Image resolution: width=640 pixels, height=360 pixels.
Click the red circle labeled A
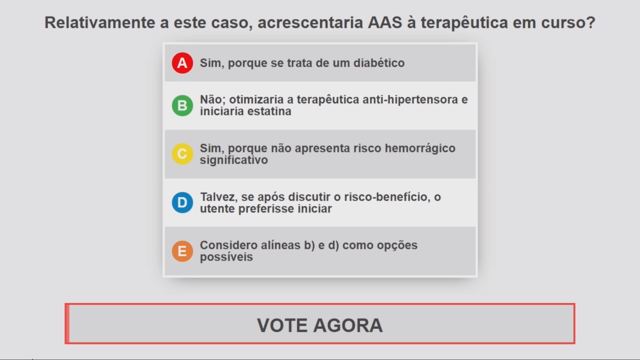coord(182,63)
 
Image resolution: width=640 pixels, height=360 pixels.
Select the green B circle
coord(182,105)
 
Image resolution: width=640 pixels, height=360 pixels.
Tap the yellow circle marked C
coord(182,154)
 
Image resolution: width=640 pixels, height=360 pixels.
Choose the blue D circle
coord(182,202)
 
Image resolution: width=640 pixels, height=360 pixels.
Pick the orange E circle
coord(182,251)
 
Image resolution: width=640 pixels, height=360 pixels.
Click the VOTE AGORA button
coord(319,323)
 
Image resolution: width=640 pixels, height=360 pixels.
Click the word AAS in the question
coord(385,22)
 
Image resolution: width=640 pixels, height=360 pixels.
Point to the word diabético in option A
coord(379,63)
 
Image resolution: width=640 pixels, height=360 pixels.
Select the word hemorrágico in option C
coord(420,148)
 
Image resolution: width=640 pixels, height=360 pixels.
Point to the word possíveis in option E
coord(226,257)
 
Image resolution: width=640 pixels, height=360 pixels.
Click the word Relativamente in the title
coord(99,22)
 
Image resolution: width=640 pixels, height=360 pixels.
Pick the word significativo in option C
coord(233,160)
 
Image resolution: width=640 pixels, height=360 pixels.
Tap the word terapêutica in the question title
coord(464,22)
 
